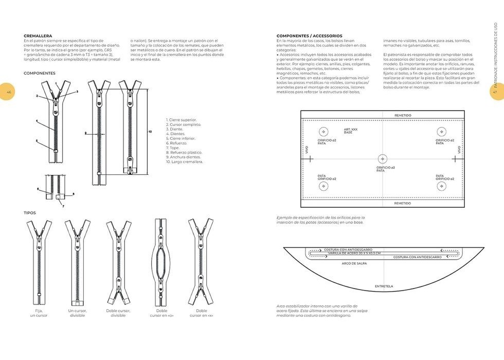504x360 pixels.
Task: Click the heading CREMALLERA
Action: (38, 35)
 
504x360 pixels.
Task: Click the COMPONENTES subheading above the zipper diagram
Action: (39, 74)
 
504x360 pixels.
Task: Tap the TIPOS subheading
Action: (30, 212)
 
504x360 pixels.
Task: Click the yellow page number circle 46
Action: (8, 92)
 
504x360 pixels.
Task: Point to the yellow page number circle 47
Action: (496, 92)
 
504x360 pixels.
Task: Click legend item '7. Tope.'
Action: (173, 148)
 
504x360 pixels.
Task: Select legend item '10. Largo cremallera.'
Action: (184, 162)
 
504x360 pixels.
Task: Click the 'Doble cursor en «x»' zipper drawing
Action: (201, 262)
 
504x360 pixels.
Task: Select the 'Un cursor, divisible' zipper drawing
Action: (77, 262)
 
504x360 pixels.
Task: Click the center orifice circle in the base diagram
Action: (382, 158)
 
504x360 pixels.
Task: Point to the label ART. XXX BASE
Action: (351, 131)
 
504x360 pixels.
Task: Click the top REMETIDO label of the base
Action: (403, 115)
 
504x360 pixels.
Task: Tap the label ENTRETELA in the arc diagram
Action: (384, 286)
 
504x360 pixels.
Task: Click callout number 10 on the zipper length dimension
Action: (150, 132)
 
